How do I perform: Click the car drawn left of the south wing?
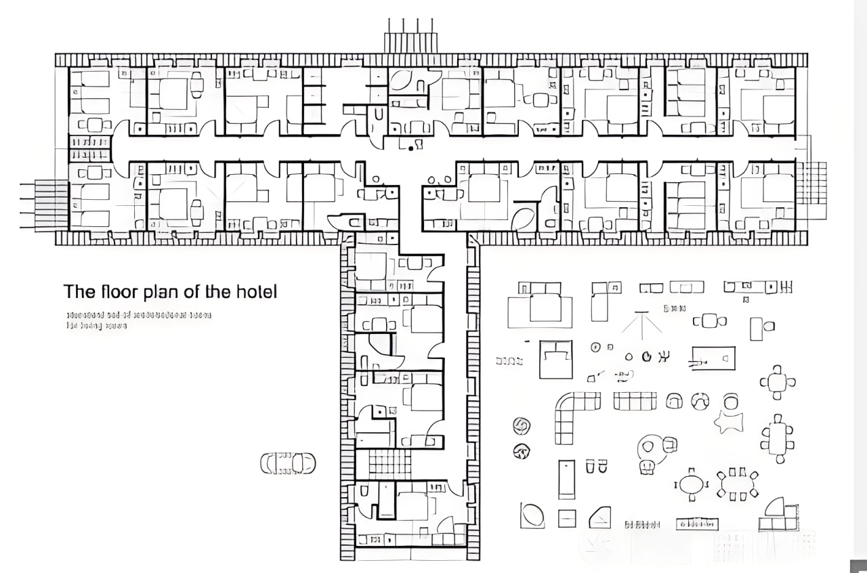288,463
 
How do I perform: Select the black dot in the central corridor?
410,148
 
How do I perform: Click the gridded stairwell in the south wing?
389,465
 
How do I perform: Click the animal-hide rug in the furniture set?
729,421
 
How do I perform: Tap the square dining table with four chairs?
777,383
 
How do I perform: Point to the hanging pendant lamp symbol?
642,325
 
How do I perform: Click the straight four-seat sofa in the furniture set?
635,402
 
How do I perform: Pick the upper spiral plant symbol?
522,425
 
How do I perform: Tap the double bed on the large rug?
540,304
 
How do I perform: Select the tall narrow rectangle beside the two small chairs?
566,479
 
